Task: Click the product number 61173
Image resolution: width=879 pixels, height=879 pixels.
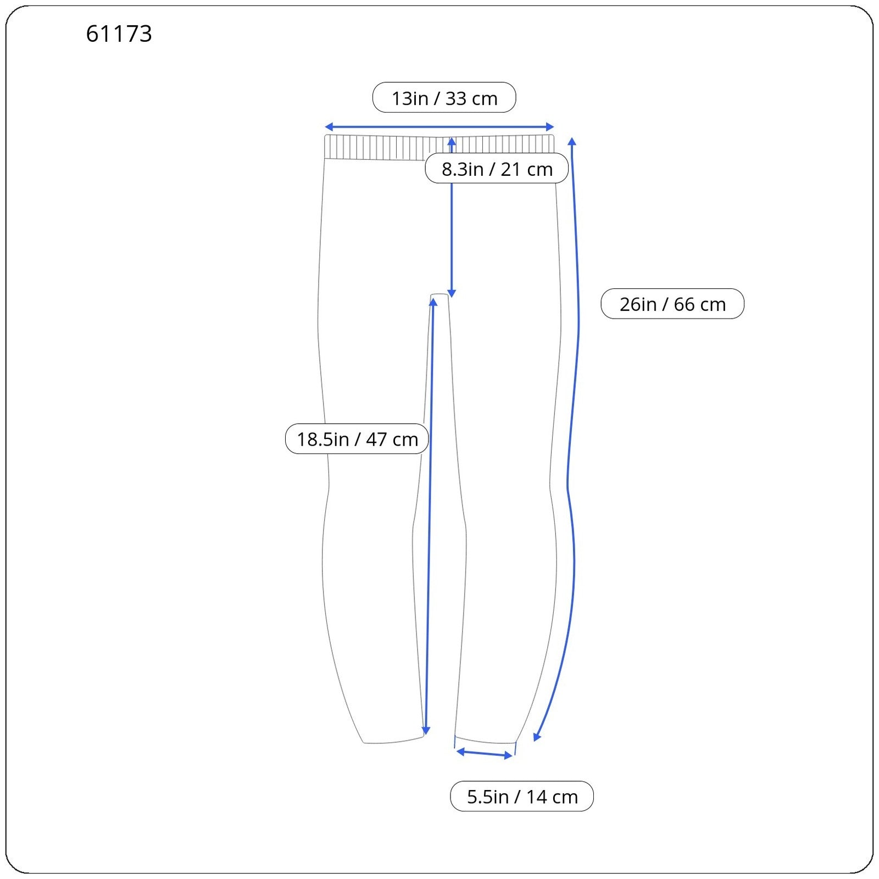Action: tap(119, 34)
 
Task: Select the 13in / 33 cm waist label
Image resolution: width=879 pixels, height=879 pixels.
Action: tap(444, 98)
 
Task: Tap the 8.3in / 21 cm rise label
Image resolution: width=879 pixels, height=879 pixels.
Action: tap(497, 169)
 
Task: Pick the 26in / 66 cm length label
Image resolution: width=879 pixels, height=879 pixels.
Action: tap(672, 304)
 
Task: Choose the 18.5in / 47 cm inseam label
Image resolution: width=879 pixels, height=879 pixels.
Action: tap(357, 439)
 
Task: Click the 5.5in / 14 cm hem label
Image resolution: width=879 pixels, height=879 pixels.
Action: tap(522, 796)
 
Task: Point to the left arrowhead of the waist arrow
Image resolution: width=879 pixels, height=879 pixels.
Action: tap(328, 127)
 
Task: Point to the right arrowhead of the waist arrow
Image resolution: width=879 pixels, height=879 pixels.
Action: tap(550, 127)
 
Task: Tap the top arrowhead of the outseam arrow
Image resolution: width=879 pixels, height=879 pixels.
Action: tap(572, 141)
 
